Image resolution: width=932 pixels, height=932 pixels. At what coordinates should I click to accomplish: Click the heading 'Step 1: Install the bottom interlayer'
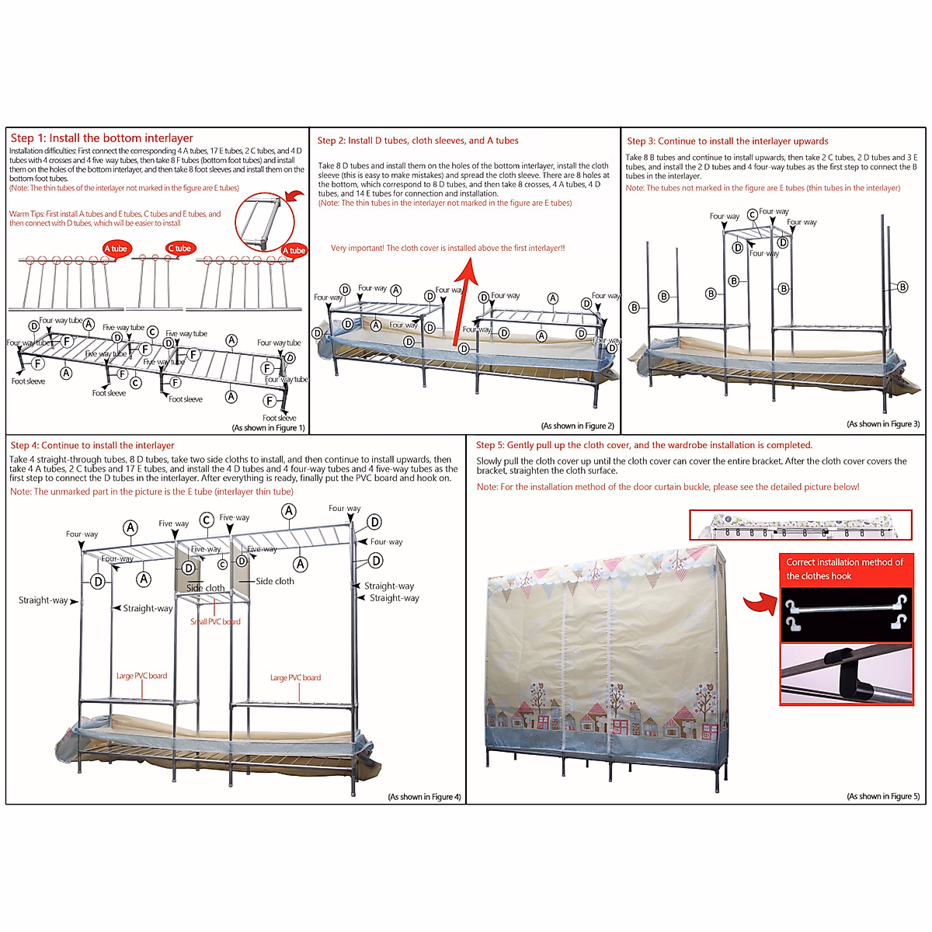tap(102, 138)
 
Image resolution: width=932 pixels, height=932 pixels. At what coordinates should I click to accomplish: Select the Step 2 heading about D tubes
tap(418, 141)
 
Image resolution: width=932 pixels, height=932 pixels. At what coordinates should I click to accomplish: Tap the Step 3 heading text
tap(728, 141)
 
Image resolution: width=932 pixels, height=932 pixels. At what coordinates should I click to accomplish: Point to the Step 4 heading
tap(92, 446)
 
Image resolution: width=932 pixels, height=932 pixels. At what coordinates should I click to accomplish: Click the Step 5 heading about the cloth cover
tap(644, 446)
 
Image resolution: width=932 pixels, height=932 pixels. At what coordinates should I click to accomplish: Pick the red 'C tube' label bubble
tap(180, 249)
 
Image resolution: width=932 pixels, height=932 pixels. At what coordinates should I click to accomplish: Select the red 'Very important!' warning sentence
tap(447, 249)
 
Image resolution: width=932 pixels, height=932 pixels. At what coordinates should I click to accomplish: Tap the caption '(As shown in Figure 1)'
tap(268, 428)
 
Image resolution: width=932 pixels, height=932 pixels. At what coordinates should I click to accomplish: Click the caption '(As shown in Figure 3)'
tap(883, 424)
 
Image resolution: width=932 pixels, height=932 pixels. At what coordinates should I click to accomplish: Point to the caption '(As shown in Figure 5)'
tap(883, 796)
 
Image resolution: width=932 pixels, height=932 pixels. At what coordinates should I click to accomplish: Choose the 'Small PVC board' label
tap(215, 621)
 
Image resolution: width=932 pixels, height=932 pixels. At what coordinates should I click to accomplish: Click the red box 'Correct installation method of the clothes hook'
tap(846, 569)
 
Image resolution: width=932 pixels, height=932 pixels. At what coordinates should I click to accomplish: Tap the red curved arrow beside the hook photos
tap(758, 603)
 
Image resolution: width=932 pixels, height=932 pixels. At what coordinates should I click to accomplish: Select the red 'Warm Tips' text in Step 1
tap(115, 218)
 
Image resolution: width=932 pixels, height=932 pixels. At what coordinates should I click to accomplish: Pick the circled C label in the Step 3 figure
tap(752, 214)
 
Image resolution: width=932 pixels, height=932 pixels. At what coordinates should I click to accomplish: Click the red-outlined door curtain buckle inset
tap(800, 525)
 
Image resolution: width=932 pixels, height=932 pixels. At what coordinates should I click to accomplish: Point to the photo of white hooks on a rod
tap(846, 614)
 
